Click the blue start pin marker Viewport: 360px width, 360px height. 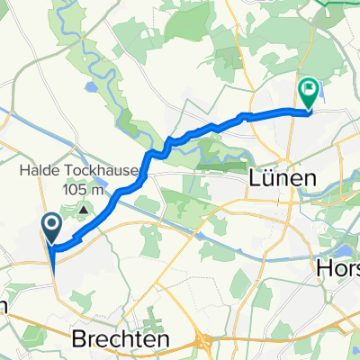51,226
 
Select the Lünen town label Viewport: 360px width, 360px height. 282,179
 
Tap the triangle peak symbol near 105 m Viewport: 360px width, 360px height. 84,211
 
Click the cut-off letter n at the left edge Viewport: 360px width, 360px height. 4,303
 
